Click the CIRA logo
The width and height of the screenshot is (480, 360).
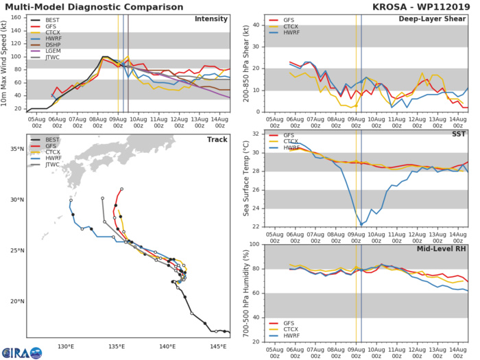(21, 352)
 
